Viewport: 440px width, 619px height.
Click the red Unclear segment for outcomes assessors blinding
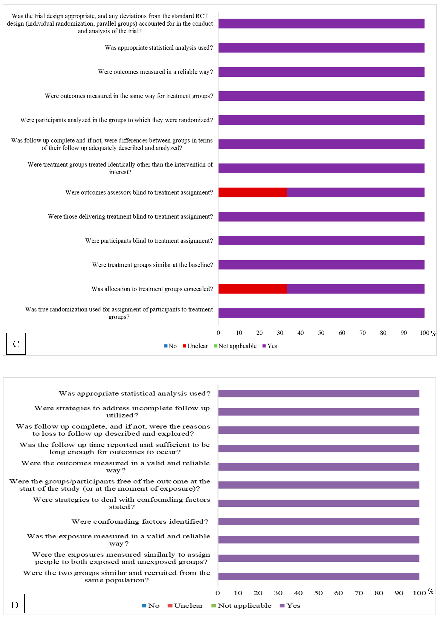point(252,192)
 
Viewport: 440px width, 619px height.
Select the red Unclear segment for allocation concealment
point(252,289)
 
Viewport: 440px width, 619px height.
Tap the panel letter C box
point(16,344)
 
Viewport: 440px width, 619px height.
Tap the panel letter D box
point(15,605)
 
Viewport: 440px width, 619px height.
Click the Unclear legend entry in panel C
point(195,346)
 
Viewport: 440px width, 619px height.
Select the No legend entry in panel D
point(151,605)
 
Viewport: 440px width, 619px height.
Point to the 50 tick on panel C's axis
point(321,333)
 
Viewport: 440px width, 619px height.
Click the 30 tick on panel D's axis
point(278,593)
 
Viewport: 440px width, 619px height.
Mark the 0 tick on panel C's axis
point(218,333)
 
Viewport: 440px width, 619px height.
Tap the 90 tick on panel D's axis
point(399,593)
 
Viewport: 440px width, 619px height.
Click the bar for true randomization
point(321,313)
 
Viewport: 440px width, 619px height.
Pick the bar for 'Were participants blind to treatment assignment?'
point(321,241)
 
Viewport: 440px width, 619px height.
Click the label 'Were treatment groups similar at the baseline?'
point(152,265)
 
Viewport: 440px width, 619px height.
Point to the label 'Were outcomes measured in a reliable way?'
point(155,72)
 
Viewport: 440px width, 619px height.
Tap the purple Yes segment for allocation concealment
point(355,289)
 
